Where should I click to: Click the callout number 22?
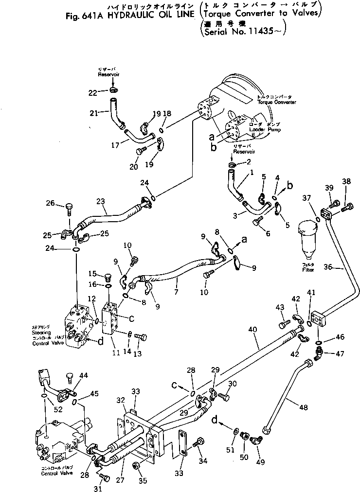click(x=93, y=92)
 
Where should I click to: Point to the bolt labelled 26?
click(x=69, y=210)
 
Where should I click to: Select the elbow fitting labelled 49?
click(x=256, y=441)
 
